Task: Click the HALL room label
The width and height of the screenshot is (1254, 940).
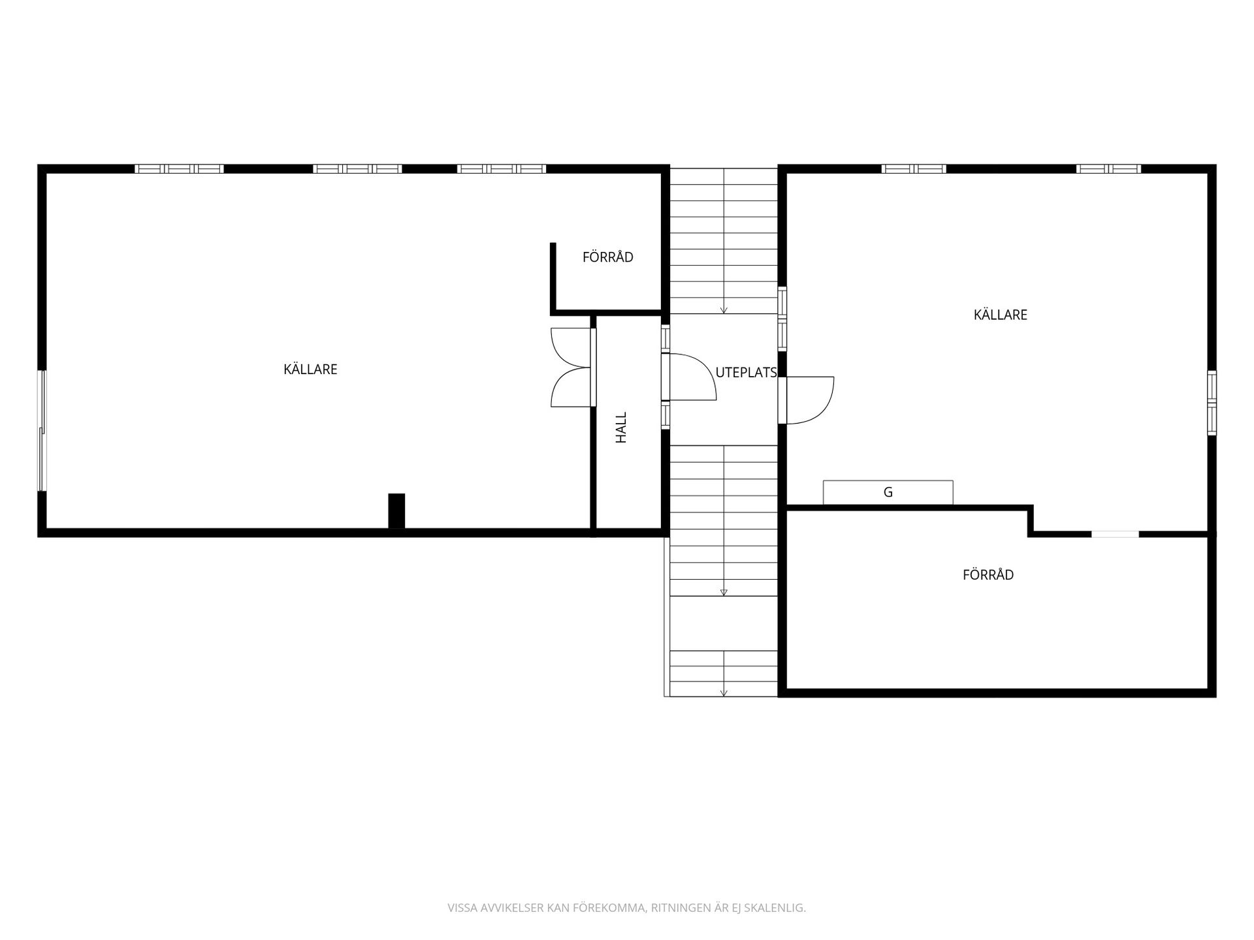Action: click(621, 428)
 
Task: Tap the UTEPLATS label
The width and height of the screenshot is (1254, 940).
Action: click(746, 373)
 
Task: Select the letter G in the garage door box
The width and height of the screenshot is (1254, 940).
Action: click(888, 493)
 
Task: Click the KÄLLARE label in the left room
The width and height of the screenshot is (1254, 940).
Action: click(310, 369)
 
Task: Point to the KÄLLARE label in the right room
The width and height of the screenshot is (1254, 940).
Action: click(1001, 315)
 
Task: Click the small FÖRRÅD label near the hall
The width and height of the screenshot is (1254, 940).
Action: click(608, 257)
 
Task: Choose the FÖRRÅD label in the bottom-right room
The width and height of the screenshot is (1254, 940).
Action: click(988, 575)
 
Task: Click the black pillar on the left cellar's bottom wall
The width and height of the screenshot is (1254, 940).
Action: click(396, 510)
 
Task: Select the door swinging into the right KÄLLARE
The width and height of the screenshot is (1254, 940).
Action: click(810, 400)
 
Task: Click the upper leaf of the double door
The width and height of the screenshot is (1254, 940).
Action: click(571, 347)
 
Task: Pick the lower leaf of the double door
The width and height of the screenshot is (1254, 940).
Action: click(571, 387)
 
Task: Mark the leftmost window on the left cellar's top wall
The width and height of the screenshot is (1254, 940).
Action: click(180, 168)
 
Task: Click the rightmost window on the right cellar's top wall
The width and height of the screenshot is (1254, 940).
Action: click(1109, 168)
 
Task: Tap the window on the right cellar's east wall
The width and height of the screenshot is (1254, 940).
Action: click(1212, 403)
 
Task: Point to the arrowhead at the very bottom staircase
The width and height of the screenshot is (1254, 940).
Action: click(724, 693)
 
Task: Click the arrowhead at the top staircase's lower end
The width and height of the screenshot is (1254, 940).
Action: click(724, 310)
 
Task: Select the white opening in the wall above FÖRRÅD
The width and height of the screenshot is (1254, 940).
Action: click(1115, 534)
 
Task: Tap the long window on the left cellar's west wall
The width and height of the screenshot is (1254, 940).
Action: click(43, 431)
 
